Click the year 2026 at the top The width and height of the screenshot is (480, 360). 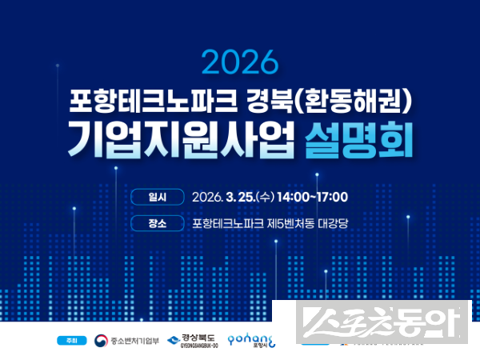click(x=240, y=62)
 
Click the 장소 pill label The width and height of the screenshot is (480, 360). click(x=157, y=224)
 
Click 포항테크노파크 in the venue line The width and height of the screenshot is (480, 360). click(x=228, y=224)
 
